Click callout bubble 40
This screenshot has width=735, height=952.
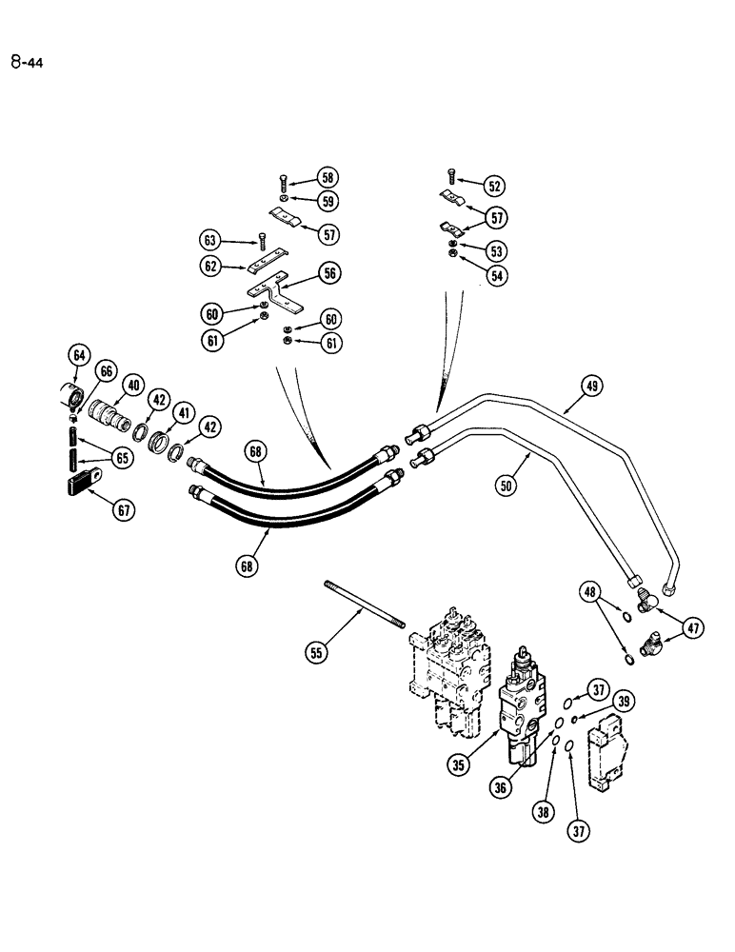point(131,386)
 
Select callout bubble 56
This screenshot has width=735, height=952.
point(328,272)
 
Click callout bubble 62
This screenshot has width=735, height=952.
point(210,268)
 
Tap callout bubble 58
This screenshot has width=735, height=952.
point(328,178)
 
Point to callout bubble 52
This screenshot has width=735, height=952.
point(493,186)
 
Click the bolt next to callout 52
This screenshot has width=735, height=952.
point(451,176)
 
